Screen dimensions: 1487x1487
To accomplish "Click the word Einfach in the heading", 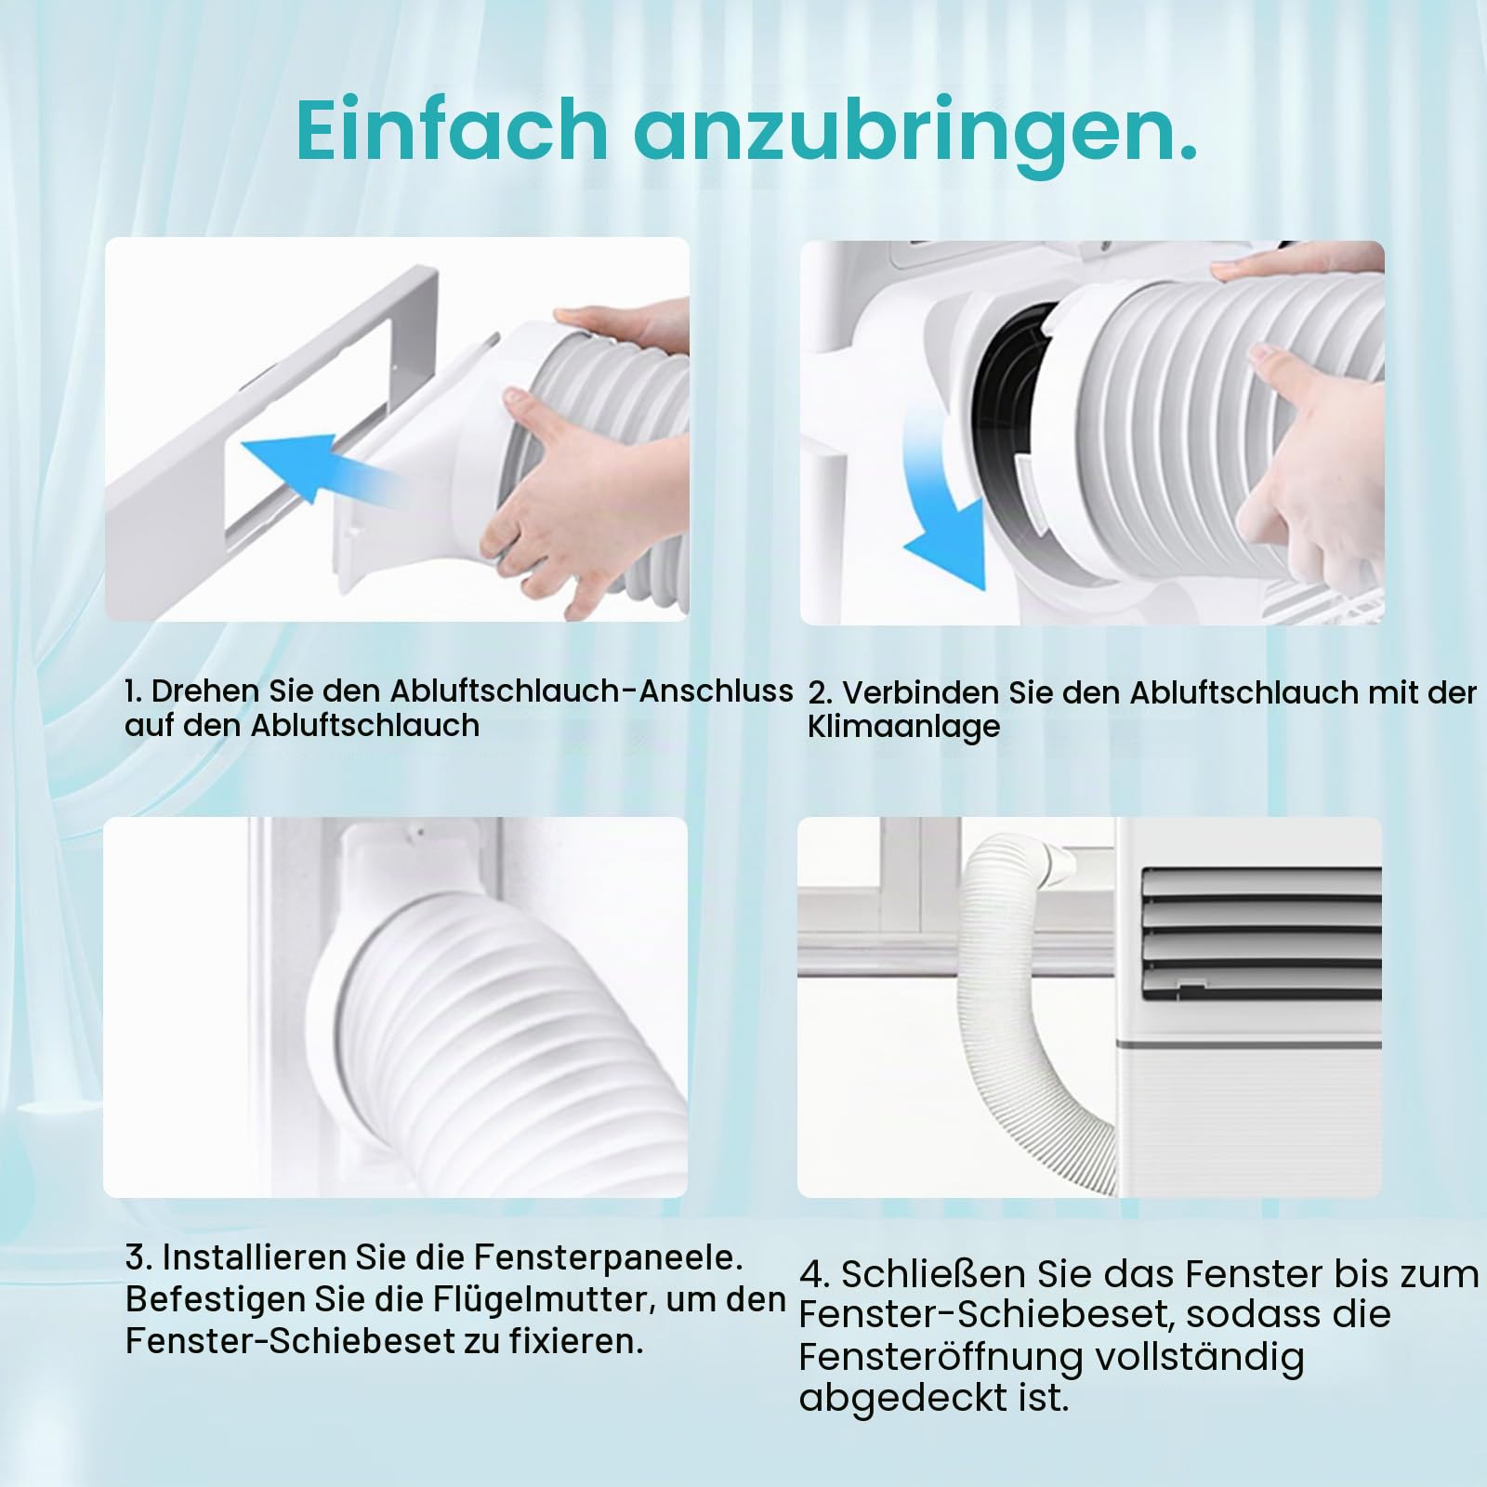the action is (454, 129).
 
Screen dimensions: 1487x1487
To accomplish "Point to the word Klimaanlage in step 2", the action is (903, 727).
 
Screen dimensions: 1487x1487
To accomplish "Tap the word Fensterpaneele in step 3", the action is (609, 1258).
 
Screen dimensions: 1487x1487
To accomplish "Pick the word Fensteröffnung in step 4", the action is (940, 1357).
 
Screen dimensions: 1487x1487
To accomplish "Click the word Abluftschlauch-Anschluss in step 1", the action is (591, 691).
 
